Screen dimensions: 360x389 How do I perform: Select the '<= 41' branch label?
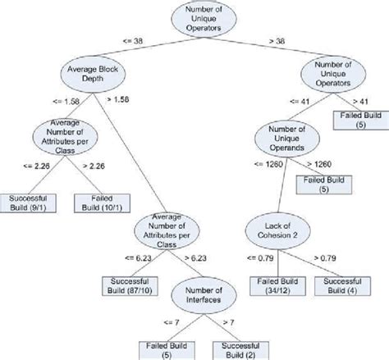[300, 100]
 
